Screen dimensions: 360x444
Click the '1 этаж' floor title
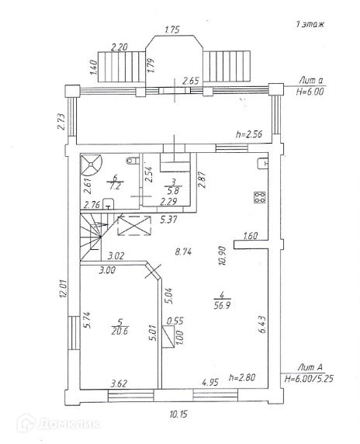pos(310,24)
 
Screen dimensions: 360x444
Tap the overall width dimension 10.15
pos(178,415)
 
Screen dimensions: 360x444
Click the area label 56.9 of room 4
pos(222,306)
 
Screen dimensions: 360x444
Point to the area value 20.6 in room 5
pos(119,331)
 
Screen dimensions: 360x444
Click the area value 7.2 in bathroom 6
pos(116,186)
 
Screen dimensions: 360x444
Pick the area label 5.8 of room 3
pos(173,191)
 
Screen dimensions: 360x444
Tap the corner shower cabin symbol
pos(91,165)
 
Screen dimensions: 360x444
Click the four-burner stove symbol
pos(260,197)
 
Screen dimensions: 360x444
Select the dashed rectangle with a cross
pos(134,225)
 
